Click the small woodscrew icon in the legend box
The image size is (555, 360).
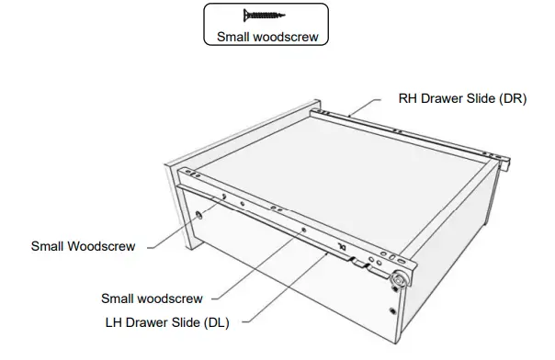[264, 17]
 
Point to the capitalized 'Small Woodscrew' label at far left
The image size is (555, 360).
[84, 246]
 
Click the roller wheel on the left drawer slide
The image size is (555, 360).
[400, 279]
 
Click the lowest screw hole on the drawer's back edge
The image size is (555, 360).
[393, 310]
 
